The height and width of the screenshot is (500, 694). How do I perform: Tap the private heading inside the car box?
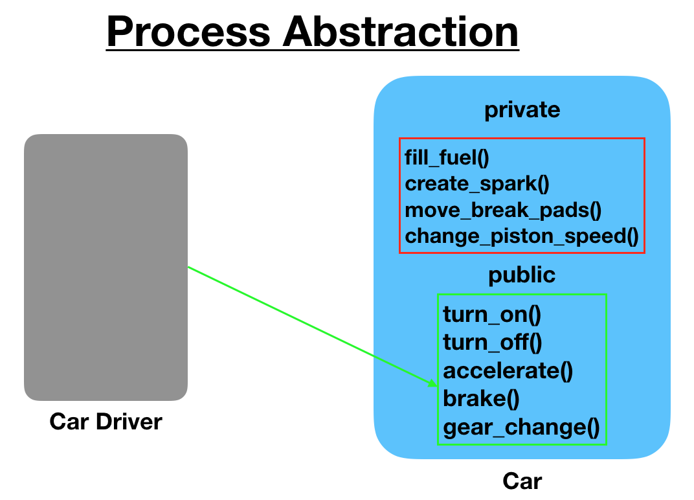click(x=522, y=110)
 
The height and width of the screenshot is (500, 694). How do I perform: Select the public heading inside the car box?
click(x=522, y=275)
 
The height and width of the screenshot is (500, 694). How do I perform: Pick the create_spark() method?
click(x=476, y=183)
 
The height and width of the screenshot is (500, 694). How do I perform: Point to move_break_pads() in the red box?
click(x=503, y=210)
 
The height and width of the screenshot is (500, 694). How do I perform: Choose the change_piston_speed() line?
click(x=522, y=236)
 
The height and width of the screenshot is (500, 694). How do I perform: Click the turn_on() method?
click(x=492, y=315)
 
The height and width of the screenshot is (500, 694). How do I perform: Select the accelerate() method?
click(x=508, y=370)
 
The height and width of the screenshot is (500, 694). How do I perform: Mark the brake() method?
click(x=481, y=398)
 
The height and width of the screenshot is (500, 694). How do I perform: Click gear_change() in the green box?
click(x=521, y=427)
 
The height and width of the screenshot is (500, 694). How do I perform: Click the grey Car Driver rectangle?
click(x=106, y=267)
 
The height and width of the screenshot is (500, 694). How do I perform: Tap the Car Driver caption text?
click(x=106, y=422)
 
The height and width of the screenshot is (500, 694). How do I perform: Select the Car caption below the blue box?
click(x=522, y=481)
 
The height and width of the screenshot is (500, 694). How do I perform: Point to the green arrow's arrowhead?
click(x=433, y=383)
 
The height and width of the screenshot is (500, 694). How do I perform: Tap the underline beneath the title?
click(x=313, y=51)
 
